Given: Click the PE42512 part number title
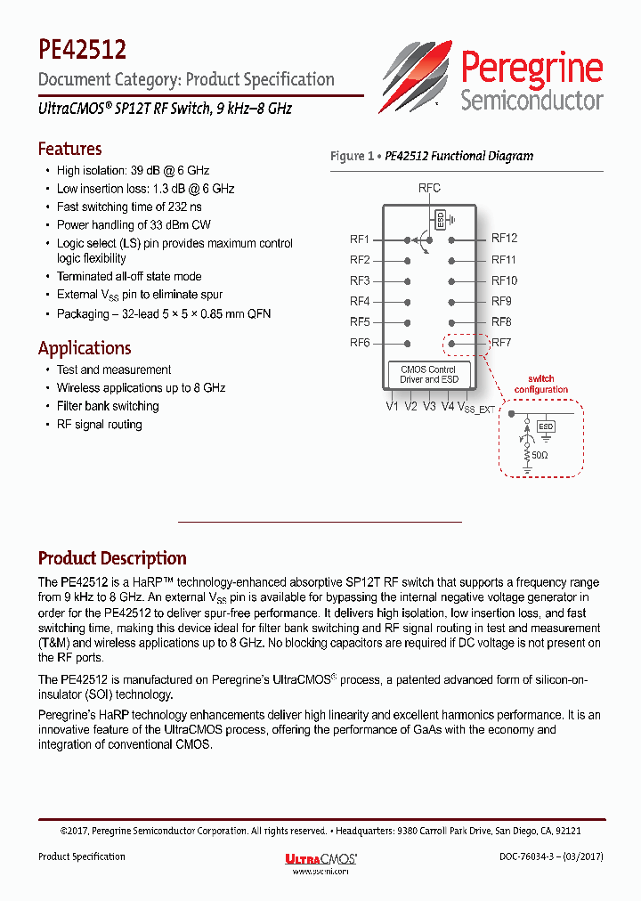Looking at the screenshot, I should pos(82,48).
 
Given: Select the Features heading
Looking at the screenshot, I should pos(69,149).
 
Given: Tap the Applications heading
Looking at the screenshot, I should pos(85,348).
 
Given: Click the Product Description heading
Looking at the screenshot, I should pos(112,558).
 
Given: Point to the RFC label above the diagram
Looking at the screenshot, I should pos(429,188).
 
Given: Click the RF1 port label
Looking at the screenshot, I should pos(360,239).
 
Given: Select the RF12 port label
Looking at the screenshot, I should pos(504,239).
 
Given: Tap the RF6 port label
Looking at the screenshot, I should pos(360,344).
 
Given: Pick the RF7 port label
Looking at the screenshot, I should pos(501,343).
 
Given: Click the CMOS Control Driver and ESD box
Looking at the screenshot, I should pos(429,374).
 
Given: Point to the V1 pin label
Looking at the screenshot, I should pos(393,407).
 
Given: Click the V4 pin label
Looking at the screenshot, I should pos(447,407).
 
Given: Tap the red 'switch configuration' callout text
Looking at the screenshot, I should pos(540,384).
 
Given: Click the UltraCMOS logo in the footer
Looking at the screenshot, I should pos(320,858).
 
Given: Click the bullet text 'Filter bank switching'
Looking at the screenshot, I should pos(108,406).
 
